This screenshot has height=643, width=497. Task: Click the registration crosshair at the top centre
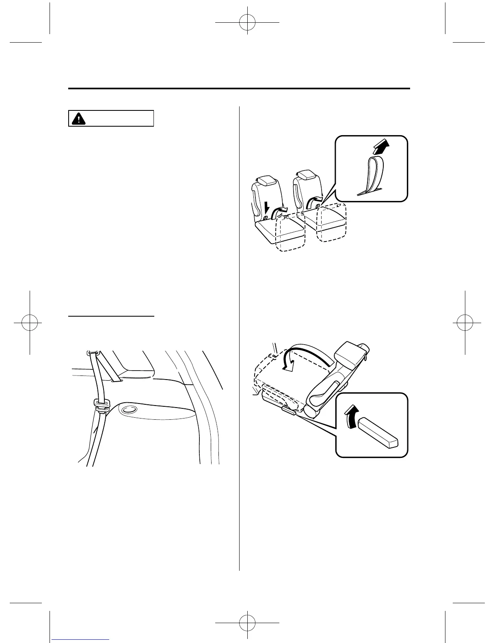pos(247,24)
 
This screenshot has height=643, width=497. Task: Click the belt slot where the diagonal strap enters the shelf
pos(116,381)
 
